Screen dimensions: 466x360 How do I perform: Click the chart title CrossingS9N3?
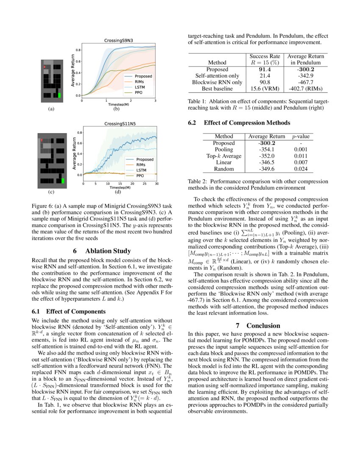tap(119, 41)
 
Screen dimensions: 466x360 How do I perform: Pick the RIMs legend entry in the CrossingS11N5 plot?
tap(141, 164)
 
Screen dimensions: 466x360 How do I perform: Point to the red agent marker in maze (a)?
tap(44, 67)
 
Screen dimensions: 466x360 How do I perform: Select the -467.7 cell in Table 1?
tap(305, 82)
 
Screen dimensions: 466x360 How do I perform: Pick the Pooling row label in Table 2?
tap(224, 150)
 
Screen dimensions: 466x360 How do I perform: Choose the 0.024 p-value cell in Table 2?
tap(301, 169)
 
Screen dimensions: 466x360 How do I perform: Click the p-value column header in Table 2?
tap(301, 136)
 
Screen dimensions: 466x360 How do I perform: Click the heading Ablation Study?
tap(102, 251)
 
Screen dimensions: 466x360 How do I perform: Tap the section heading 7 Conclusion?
tap(258, 325)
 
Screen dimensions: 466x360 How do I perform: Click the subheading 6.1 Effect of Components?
tap(66, 311)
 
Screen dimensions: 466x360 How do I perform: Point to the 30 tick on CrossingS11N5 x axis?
tap(157, 184)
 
